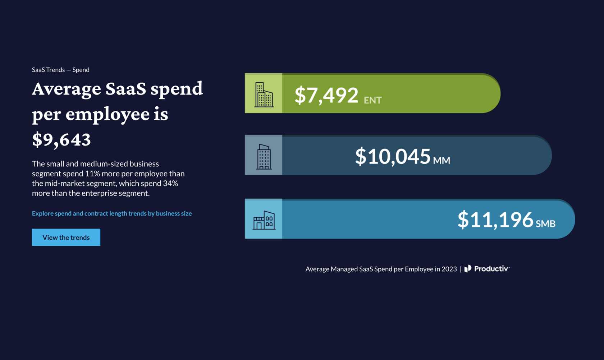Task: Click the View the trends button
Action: pos(66,237)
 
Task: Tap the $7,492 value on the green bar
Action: pos(326,95)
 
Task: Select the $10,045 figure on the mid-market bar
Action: pos(393,157)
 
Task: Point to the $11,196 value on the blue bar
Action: pos(495,220)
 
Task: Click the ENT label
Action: pos(372,100)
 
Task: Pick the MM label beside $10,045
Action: pos(441,161)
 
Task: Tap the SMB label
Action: pos(545,224)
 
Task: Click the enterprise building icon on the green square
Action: pos(264,94)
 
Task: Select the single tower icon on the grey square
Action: pos(264,157)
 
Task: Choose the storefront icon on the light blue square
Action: pos(264,220)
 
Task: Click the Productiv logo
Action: pos(487,269)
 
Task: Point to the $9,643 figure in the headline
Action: pos(61,139)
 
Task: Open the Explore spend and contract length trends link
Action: pos(112,213)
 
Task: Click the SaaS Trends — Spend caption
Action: pos(60,70)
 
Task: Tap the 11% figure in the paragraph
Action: pos(92,174)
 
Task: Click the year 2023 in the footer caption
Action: pos(449,269)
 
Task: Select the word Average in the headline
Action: pos(67,89)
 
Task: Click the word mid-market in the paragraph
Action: pos(63,183)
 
